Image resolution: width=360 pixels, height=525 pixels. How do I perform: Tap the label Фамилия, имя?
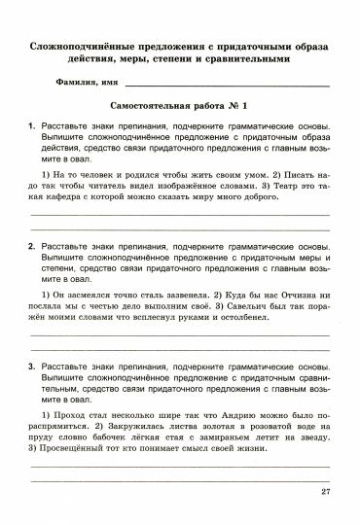[x=88, y=87]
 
